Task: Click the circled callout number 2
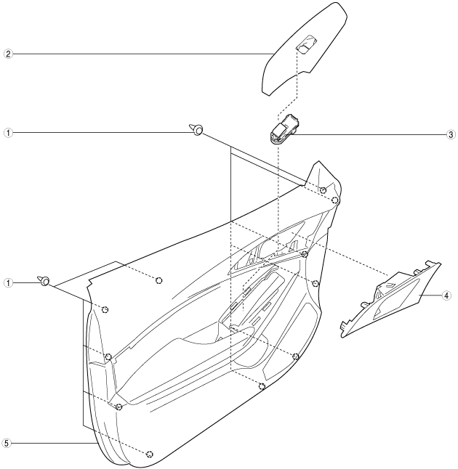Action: point(7,53)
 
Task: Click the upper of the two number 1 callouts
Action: point(7,133)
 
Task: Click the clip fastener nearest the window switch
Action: point(197,130)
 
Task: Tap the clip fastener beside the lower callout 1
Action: point(45,281)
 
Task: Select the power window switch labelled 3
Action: point(284,130)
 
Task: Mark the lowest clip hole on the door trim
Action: point(149,454)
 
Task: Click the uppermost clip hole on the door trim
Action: point(323,190)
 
